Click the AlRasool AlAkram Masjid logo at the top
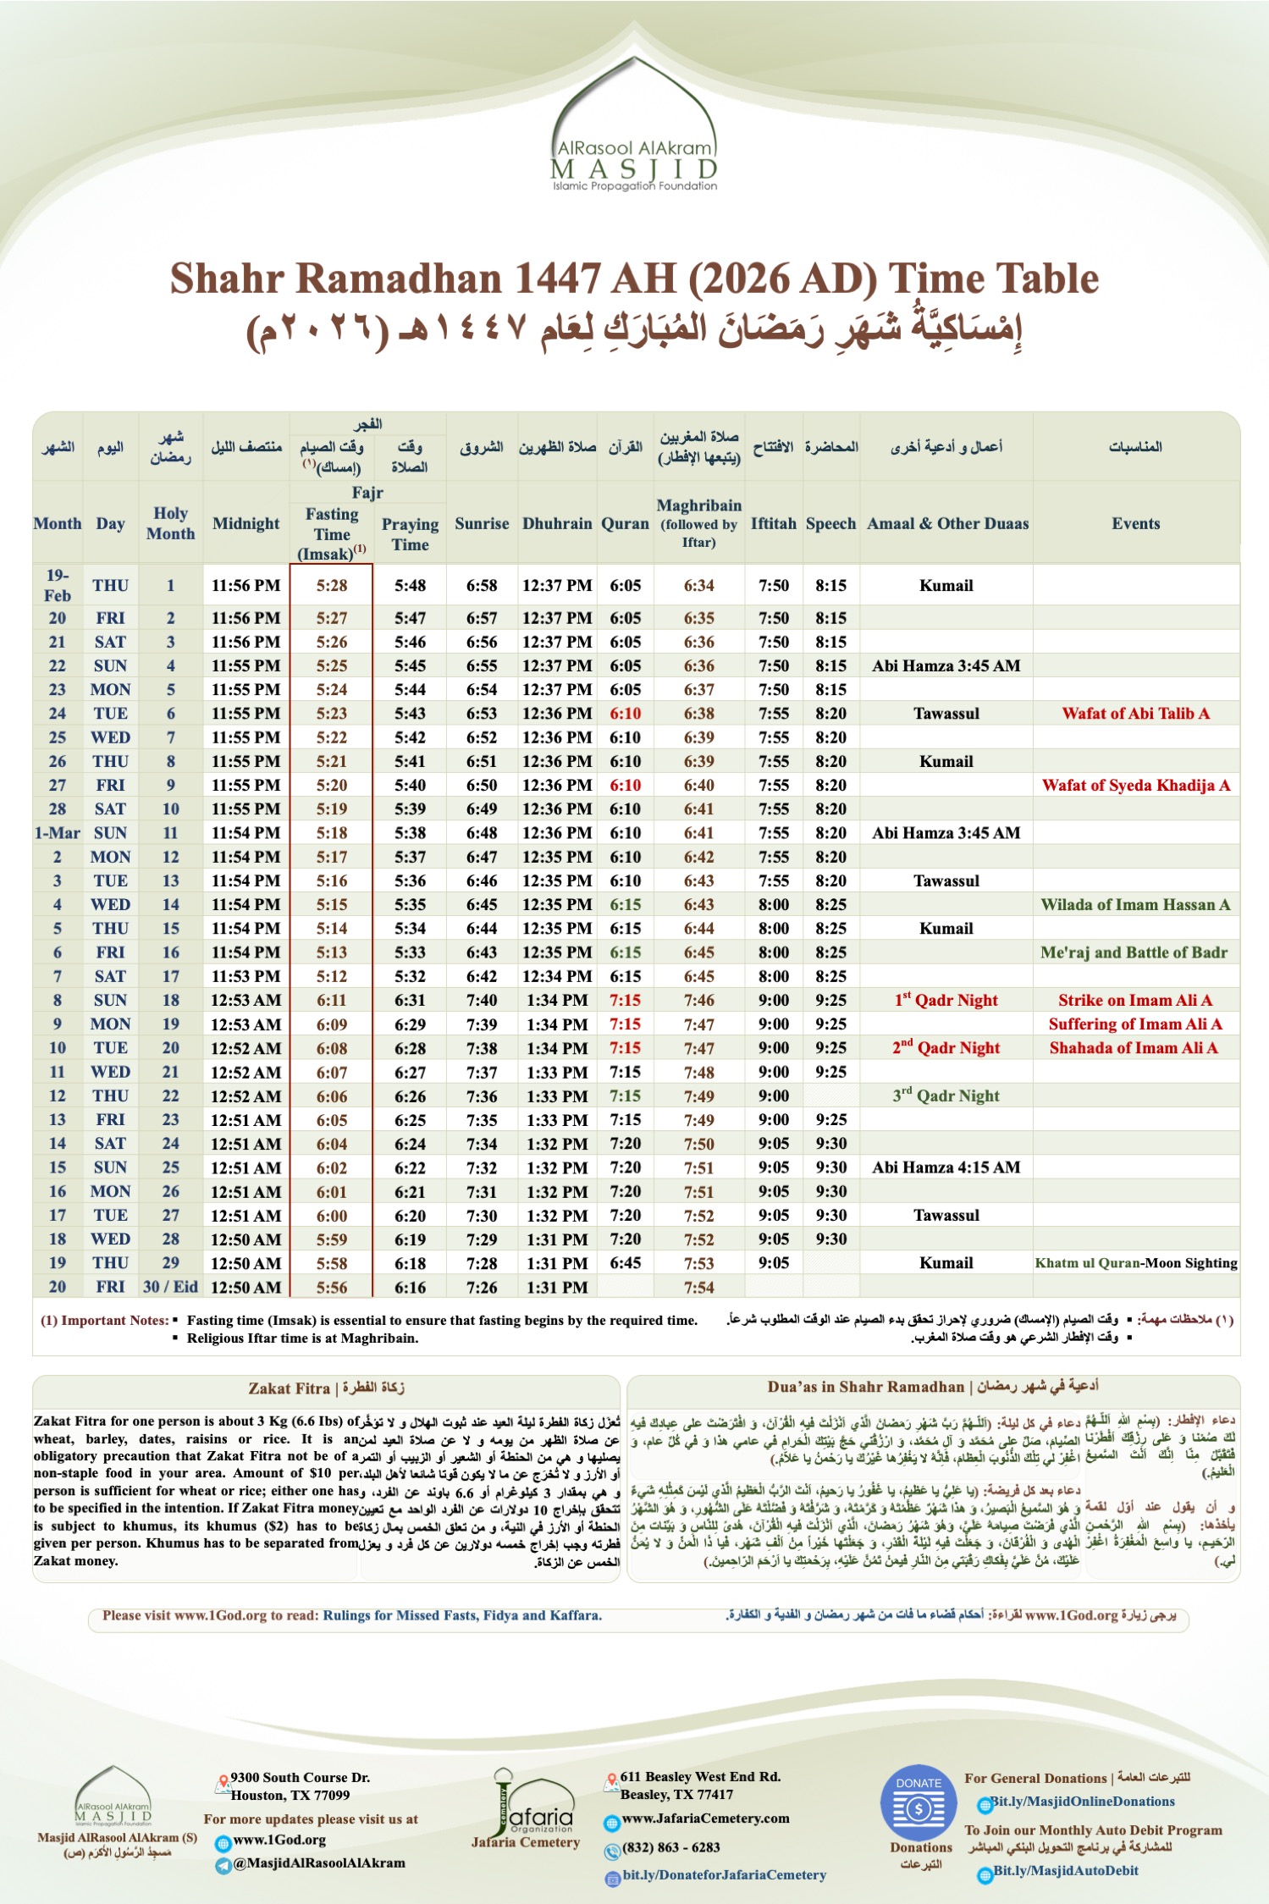click(x=634, y=127)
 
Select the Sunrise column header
click(x=482, y=523)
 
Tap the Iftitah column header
click(x=773, y=523)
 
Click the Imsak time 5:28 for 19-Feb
click(x=332, y=585)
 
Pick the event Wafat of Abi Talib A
click(x=1135, y=713)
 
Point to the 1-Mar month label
click(x=58, y=832)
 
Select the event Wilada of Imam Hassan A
click(x=1135, y=904)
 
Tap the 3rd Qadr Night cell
click(x=946, y=1095)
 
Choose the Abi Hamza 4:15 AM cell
click(x=946, y=1167)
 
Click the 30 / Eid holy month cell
click(x=170, y=1287)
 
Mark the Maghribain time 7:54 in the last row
click(x=699, y=1287)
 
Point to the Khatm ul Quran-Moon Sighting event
click(x=1135, y=1263)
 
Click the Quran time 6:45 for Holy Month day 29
click(x=625, y=1263)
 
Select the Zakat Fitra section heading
click(x=326, y=1388)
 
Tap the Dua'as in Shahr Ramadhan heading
click(x=933, y=1387)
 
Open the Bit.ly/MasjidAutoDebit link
click(x=1065, y=1870)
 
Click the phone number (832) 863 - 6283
click(x=670, y=1847)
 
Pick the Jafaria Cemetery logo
click(x=525, y=1812)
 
